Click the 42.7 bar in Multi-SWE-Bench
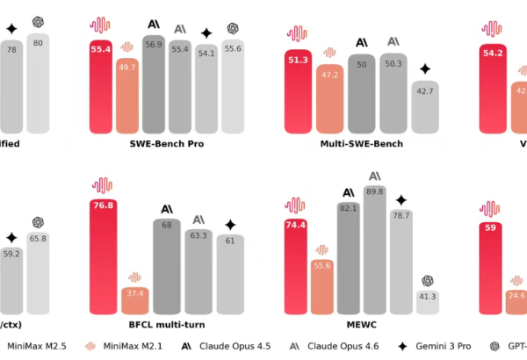424,106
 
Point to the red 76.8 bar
104,256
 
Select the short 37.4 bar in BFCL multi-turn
135,300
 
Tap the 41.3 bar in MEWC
429,302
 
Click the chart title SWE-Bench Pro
168,143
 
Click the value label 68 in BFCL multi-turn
166,224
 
